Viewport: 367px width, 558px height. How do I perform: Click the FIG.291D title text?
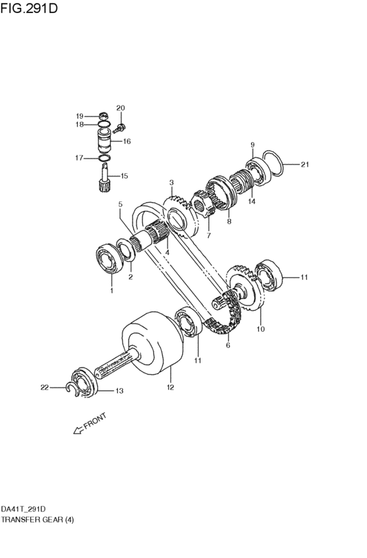click(28, 8)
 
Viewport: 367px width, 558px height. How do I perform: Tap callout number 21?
click(305, 165)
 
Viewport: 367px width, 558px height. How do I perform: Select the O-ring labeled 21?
click(273, 163)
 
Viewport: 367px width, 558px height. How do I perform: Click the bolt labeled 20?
click(119, 129)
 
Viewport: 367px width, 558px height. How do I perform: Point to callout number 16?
click(127, 141)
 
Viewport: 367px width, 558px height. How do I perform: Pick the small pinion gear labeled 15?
click(104, 178)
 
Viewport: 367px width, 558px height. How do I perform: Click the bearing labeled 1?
click(110, 258)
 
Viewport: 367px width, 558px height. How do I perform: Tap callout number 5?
click(120, 205)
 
